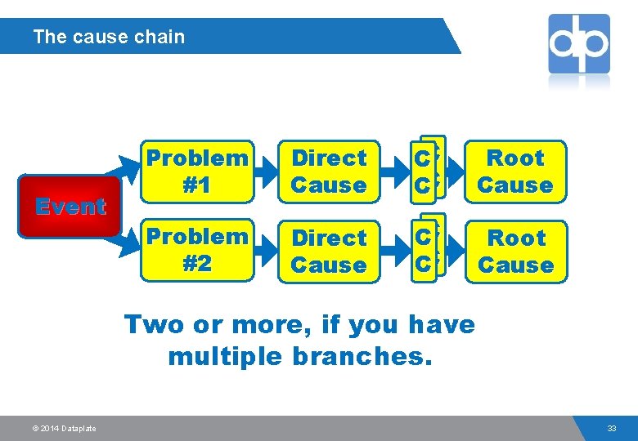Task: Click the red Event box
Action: (x=70, y=207)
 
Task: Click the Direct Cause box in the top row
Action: (x=329, y=171)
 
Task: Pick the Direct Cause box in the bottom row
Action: (x=329, y=252)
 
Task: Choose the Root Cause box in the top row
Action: (x=515, y=171)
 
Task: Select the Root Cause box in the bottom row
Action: (x=515, y=252)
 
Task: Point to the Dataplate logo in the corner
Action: (x=579, y=44)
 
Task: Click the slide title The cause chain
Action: (x=109, y=37)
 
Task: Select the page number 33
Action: (x=612, y=429)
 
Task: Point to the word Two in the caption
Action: (x=154, y=324)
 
